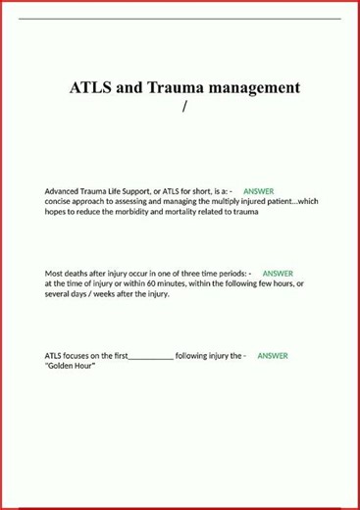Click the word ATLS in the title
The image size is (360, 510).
click(x=90, y=87)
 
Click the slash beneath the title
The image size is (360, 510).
click(x=183, y=106)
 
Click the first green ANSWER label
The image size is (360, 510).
click(x=258, y=190)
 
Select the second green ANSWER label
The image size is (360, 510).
click(x=278, y=274)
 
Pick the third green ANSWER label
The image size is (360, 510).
click(x=273, y=356)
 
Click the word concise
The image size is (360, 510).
click(x=60, y=201)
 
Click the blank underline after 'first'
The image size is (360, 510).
click(x=151, y=357)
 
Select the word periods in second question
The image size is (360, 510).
click(x=229, y=274)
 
